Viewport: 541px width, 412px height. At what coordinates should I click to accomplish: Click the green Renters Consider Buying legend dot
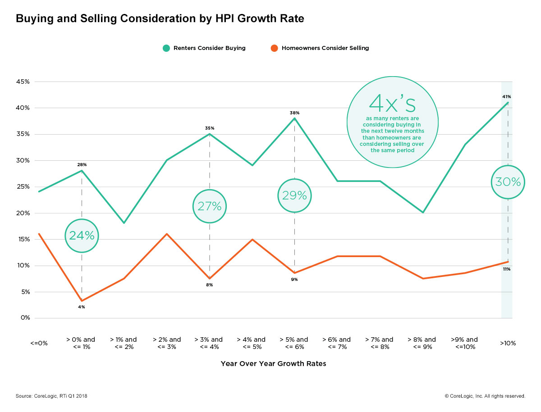click(166, 48)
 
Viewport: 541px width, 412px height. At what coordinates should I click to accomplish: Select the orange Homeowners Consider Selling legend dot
click(274, 48)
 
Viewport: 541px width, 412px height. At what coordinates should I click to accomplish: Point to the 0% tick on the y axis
click(25, 318)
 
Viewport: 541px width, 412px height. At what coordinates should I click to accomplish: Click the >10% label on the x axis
click(508, 343)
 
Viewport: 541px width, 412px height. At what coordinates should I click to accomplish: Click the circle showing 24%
click(82, 235)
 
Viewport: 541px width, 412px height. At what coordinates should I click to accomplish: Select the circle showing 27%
click(210, 206)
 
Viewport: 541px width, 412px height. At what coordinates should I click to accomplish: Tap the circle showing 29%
click(294, 195)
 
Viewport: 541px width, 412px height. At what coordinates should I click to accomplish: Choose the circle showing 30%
click(508, 182)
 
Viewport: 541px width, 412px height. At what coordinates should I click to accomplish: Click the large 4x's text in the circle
click(392, 103)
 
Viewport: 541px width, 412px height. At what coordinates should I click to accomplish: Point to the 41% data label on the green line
click(507, 97)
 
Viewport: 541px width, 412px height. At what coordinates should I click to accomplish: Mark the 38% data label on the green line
click(294, 113)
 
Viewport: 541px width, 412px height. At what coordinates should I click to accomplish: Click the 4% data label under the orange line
click(82, 307)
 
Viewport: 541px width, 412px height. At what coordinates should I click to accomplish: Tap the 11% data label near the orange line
click(507, 269)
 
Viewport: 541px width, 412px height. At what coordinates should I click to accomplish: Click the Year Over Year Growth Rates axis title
click(273, 364)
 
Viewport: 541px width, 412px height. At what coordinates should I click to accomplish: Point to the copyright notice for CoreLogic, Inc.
click(485, 396)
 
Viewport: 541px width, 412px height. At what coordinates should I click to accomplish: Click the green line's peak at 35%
click(210, 134)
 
